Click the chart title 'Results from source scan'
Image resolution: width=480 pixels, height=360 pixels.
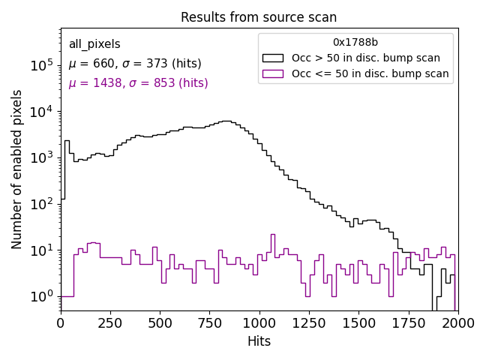click(x=259, y=17)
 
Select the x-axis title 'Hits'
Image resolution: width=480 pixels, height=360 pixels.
click(x=259, y=341)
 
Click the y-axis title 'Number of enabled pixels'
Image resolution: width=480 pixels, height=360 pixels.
click(x=17, y=169)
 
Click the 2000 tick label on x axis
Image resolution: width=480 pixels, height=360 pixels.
click(x=457, y=323)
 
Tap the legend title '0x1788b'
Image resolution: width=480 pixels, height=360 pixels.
click(x=355, y=43)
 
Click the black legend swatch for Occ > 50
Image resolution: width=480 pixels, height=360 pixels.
click(x=273, y=58)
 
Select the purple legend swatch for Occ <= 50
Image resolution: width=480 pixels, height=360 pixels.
click(x=273, y=73)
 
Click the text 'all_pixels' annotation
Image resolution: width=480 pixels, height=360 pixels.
click(x=94, y=44)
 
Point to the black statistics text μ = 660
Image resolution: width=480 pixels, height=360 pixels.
click(x=135, y=64)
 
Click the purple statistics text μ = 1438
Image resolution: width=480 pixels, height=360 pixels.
click(x=138, y=83)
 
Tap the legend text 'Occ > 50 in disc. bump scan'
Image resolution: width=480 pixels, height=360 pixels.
click(x=366, y=58)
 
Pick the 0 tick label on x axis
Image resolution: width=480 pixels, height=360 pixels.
click(x=61, y=323)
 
